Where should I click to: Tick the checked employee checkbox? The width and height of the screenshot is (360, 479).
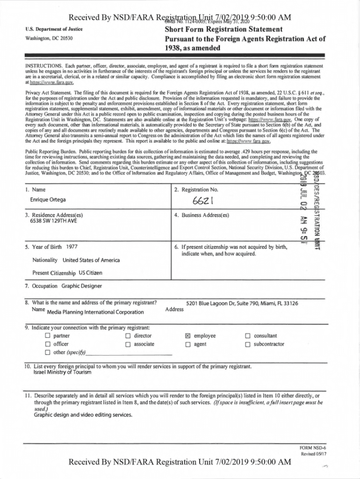click(x=187, y=336)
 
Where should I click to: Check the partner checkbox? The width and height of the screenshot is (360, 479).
click(x=47, y=336)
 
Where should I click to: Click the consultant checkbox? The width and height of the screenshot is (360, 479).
click(x=248, y=336)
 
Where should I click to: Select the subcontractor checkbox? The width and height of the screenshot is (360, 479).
click(x=248, y=344)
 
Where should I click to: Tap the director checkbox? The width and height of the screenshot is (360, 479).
click(x=128, y=336)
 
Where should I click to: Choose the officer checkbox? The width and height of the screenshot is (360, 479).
click(x=47, y=344)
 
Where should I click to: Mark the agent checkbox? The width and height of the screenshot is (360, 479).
click(x=187, y=344)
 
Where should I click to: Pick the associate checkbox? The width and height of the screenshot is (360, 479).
click(x=128, y=344)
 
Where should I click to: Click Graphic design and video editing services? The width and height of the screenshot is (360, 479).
click(x=83, y=414)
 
